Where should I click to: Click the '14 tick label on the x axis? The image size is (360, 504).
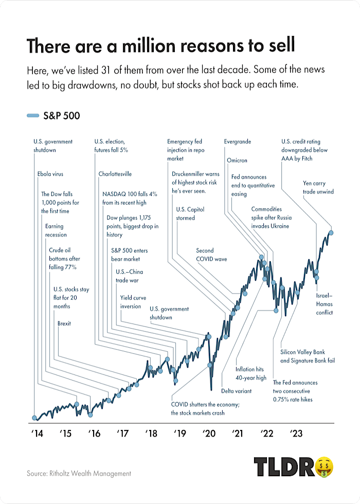[37, 434]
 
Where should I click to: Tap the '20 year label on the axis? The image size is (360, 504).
[210, 434]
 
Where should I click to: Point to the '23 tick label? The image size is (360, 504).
[297, 434]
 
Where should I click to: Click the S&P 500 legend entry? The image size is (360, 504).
[53, 116]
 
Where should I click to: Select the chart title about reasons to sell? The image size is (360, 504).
[161, 46]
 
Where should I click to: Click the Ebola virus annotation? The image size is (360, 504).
[50, 174]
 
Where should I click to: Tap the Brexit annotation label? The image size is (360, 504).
[64, 323]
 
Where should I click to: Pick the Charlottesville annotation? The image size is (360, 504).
[115, 174]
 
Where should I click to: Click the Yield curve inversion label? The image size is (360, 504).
[131, 302]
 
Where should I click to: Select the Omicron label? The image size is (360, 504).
[237, 160]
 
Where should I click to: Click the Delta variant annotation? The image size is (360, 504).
[237, 391]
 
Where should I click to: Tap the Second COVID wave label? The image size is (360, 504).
[211, 255]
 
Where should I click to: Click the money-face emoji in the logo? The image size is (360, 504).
[322, 466]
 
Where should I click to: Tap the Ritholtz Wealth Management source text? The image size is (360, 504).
[79, 473]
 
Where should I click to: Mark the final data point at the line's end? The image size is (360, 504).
[331, 233]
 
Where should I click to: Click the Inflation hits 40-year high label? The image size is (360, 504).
[251, 373]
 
